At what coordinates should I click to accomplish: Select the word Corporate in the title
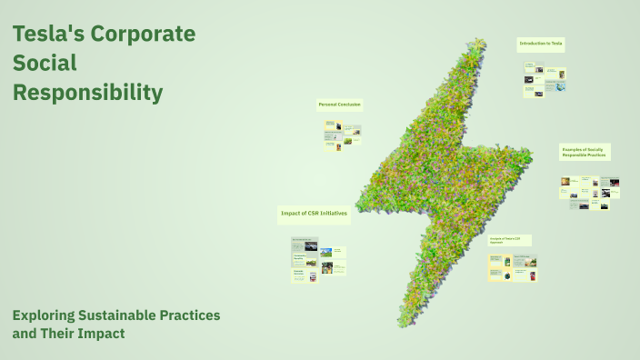click(143, 35)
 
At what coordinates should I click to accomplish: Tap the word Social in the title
click(45, 64)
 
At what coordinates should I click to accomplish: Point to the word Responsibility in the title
click(87, 93)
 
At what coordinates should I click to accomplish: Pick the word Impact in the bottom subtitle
click(100, 334)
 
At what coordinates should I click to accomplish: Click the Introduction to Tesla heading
click(541, 44)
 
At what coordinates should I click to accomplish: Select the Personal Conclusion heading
click(339, 105)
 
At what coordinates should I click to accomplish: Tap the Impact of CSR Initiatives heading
click(314, 213)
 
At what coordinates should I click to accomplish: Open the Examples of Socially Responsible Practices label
click(584, 152)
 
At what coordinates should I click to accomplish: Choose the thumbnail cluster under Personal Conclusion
click(343, 135)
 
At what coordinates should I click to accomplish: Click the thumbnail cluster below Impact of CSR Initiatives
click(317, 260)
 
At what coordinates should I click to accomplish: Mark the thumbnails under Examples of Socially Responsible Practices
click(591, 192)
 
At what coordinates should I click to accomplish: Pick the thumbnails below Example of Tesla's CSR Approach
click(512, 267)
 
